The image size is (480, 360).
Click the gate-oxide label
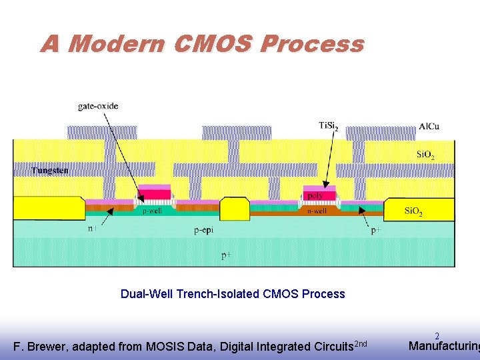click(x=98, y=105)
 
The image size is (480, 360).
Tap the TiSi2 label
click(x=329, y=125)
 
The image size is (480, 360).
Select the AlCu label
click(x=429, y=127)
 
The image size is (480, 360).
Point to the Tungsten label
click(x=50, y=171)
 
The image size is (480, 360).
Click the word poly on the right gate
click(x=315, y=196)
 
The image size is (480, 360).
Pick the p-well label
click(x=152, y=211)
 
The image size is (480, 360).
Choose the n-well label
click(x=317, y=211)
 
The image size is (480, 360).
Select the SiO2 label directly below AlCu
click(x=425, y=156)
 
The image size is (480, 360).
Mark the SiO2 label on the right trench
click(x=414, y=212)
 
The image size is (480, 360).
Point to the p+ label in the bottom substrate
click(x=227, y=255)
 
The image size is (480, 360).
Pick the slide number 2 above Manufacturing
click(x=437, y=337)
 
